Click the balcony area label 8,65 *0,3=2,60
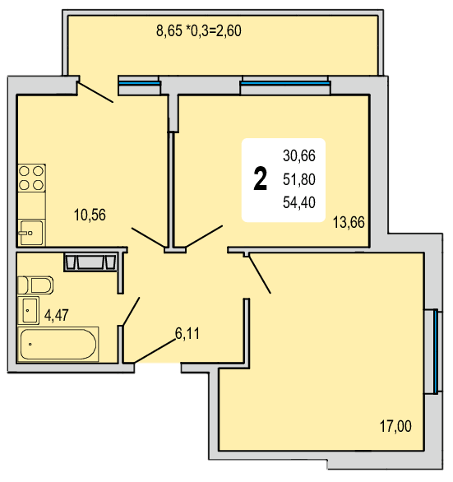click(x=198, y=30)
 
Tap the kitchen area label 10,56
click(x=90, y=215)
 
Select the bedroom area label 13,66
click(x=349, y=222)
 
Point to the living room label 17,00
click(x=395, y=426)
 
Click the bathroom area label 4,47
click(x=57, y=315)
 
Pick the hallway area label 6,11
click(x=187, y=333)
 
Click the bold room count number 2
click(x=261, y=178)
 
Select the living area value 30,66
click(x=299, y=155)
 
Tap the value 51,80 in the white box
click(x=299, y=179)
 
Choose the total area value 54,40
click(x=299, y=202)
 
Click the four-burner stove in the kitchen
click(x=32, y=178)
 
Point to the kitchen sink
click(x=31, y=233)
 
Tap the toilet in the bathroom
click(x=35, y=285)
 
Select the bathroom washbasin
click(x=29, y=310)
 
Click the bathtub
click(x=58, y=344)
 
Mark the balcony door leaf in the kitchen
click(x=95, y=92)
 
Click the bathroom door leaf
click(x=132, y=311)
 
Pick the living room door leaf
click(x=260, y=274)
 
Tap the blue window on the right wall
click(x=436, y=351)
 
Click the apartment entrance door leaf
click(x=155, y=350)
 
